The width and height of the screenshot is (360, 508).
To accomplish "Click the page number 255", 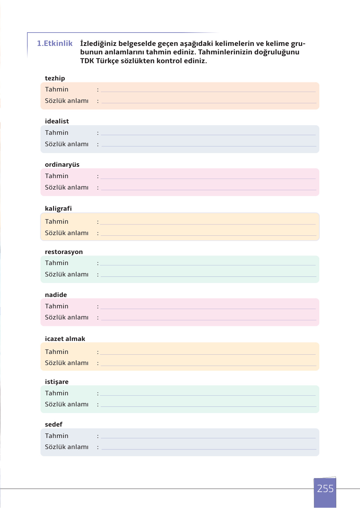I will (325, 488).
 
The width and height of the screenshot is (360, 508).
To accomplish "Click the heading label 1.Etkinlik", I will (55, 43).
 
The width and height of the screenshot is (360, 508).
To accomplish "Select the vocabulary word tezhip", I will (55, 78).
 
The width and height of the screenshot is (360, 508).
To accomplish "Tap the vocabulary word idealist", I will (57, 121).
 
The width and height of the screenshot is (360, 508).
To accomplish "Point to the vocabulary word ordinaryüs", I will (62, 164).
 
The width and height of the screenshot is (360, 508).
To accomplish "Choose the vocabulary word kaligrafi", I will (58, 208).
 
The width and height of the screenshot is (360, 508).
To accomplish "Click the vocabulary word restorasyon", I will (64, 252).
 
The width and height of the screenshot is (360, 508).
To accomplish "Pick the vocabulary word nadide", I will (56, 295).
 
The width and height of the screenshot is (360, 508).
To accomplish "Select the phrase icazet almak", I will (65, 339).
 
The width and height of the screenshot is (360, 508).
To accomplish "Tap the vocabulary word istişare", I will (57, 382).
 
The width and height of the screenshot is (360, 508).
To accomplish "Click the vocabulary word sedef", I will (54, 424).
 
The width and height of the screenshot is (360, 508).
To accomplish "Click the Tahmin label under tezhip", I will (57, 90).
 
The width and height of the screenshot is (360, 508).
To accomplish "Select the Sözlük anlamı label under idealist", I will (67, 144).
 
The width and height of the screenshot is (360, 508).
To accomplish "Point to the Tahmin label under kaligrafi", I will (57, 222).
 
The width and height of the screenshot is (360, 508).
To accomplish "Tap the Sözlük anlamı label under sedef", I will (67, 447).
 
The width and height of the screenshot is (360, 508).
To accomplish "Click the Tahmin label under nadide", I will (57, 306).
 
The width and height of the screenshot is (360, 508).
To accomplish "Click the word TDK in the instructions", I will (87, 61).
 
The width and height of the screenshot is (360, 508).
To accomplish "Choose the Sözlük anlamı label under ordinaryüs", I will (67, 187).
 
